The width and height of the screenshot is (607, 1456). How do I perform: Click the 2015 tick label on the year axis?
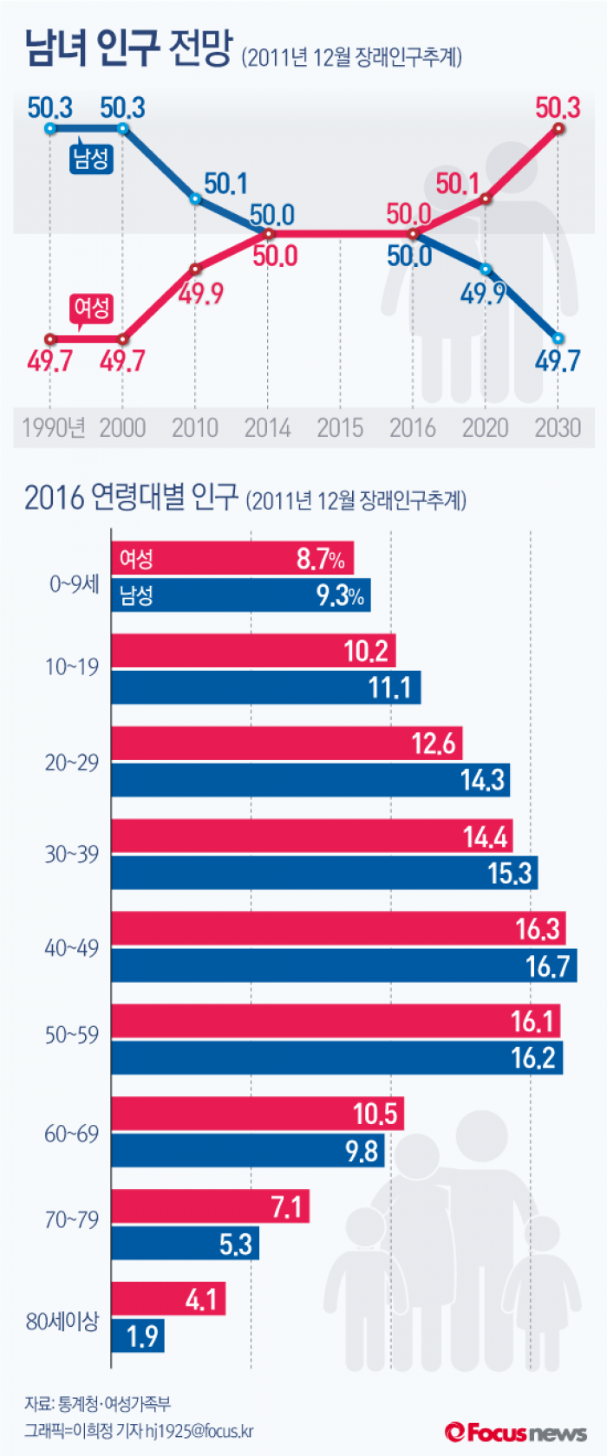[340, 427]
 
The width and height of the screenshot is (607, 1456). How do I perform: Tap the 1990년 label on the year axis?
[53, 427]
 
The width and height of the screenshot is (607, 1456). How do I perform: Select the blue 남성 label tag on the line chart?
[91, 159]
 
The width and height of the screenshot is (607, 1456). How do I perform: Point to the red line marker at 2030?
[558, 128]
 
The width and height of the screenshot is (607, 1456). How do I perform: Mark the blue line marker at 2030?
[558, 338]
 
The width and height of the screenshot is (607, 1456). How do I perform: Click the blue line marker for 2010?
[195, 199]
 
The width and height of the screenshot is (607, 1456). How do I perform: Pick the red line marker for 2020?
[486, 198]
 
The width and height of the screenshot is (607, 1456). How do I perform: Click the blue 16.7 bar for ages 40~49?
[343, 965]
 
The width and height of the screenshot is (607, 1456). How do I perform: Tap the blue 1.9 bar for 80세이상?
[137, 1336]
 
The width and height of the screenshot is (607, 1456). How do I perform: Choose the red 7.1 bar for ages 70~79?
[210, 1206]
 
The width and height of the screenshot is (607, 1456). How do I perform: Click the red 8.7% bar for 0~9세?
[232, 558]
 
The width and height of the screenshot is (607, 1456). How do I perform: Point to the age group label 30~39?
[72, 855]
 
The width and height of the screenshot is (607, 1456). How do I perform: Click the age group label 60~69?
[72, 1134]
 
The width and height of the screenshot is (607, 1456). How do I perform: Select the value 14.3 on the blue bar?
[482, 780]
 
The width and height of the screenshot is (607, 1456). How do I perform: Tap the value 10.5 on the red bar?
[375, 1114]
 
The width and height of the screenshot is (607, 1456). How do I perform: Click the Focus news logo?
[517, 1433]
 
